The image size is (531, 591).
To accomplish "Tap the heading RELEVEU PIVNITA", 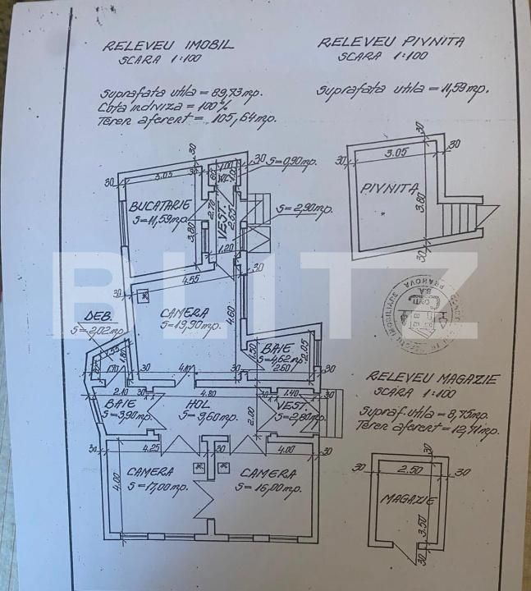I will click(x=391, y=42).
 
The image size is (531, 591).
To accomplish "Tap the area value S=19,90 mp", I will click(x=190, y=325).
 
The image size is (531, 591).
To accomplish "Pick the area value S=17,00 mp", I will click(x=156, y=487).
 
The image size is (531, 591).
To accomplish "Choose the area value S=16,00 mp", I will click(x=262, y=487).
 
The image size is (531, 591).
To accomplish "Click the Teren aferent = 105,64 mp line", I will click(x=188, y=117).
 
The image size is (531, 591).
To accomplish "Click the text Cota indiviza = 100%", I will click(x=168, y=104).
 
